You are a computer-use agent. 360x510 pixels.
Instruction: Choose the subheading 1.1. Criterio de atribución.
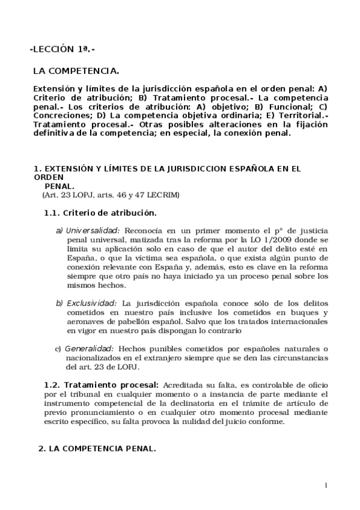pyautogui.click(x=100, y=213)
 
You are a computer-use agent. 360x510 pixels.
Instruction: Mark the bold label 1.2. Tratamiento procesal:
pyautogui.click(x=101, y=384)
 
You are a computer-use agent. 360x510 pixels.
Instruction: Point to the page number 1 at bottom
pyautogui.click(x=325, y=485)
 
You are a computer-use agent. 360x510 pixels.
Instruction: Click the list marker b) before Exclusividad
pyautogui.click(x=59, y=304)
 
